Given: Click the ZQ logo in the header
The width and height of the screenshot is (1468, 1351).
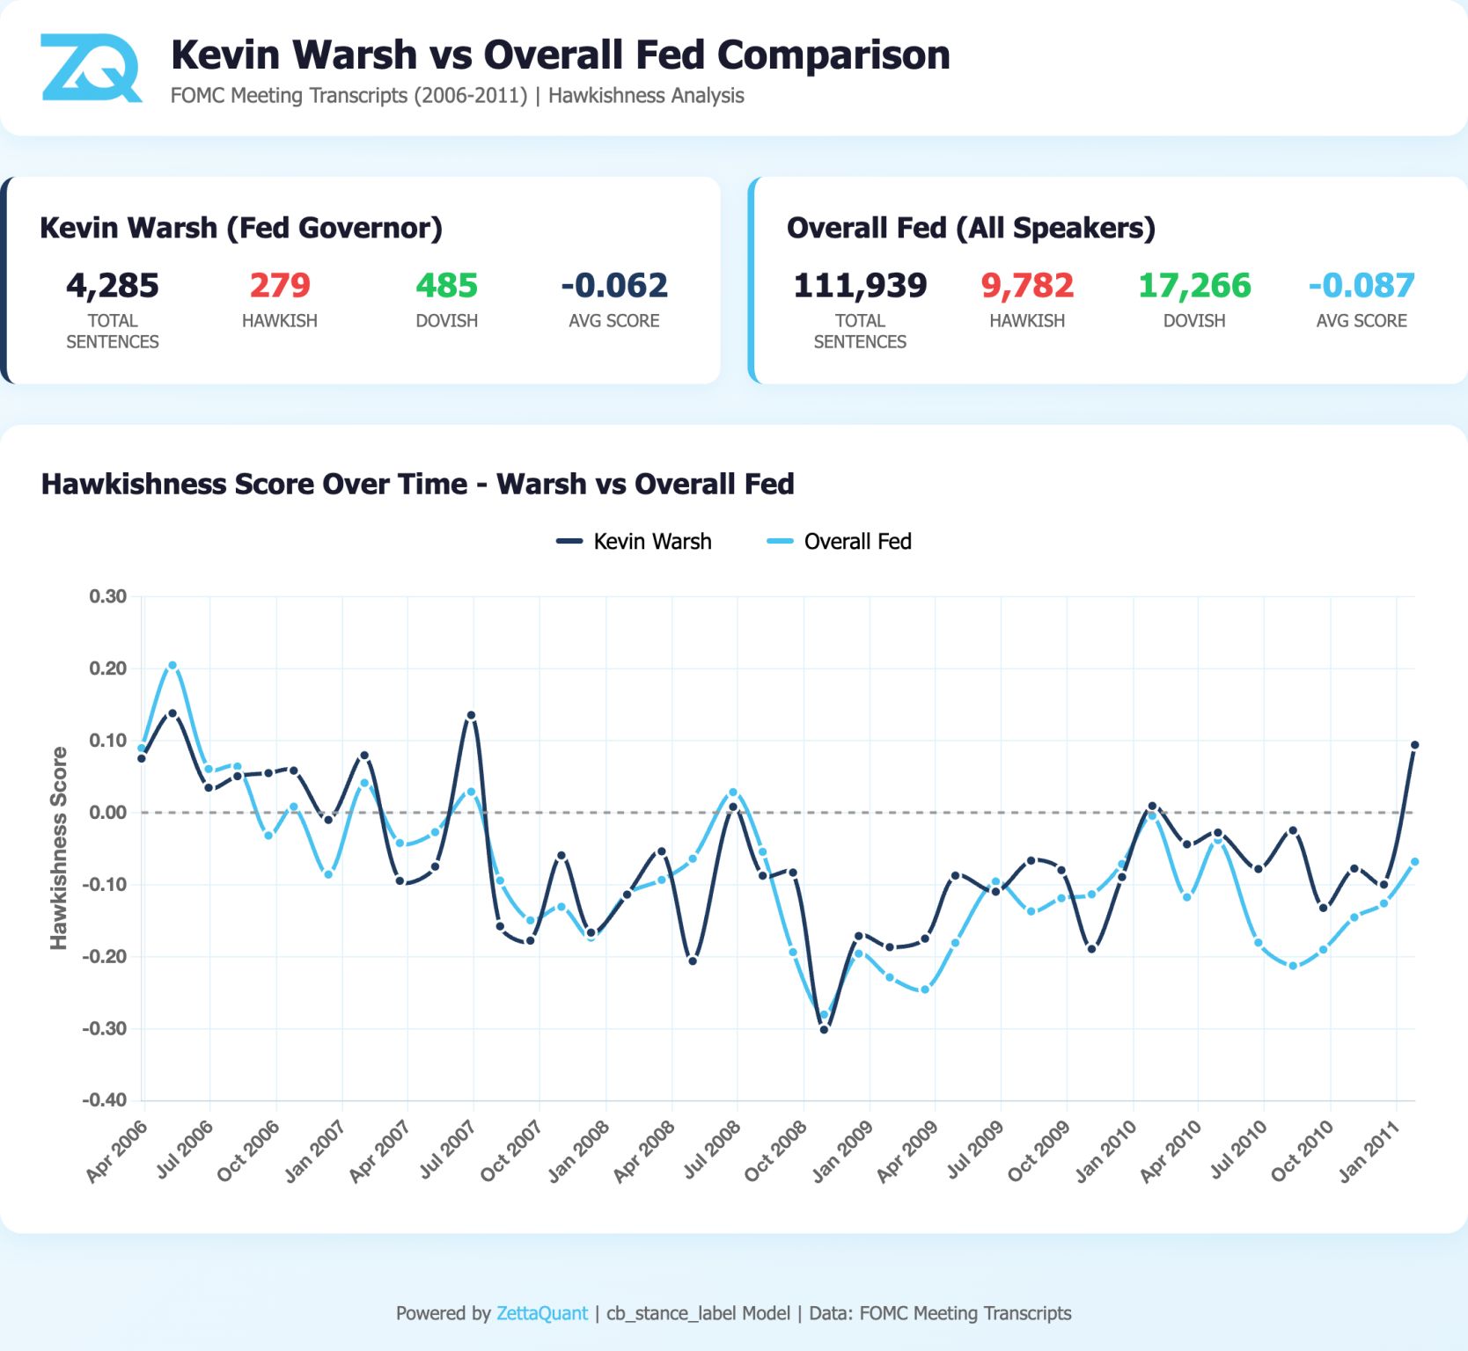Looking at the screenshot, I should pos(91,68).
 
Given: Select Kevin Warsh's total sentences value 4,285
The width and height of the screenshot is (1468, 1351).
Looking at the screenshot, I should pos(113,286).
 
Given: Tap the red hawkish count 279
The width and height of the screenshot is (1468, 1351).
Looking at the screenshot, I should pos(280,286).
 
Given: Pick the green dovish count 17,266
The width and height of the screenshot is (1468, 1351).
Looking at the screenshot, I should pos(1194,286).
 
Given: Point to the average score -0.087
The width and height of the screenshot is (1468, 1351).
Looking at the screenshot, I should pos(1361,286).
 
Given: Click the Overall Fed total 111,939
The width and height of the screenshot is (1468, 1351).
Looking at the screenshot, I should pos(860,286).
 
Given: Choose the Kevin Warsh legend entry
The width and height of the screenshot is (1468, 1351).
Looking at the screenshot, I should pos(635,541).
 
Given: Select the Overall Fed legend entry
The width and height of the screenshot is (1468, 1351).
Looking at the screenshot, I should pos(840,541).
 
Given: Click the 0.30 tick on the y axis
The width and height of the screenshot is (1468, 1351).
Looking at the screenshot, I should pos(107,596).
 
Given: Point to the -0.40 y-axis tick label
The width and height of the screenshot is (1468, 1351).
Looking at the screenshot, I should pos(105,1099).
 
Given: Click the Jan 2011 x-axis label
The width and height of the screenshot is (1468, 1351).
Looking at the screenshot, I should pos(1369,1150).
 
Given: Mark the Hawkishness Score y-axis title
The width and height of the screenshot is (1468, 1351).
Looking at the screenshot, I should pos(59,848).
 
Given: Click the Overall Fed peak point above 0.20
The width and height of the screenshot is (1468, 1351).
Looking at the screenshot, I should pos(172,666).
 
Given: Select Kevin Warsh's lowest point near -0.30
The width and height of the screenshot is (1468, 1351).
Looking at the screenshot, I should pos(824,1028).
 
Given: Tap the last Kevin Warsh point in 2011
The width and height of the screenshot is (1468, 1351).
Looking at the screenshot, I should pos(1414,745).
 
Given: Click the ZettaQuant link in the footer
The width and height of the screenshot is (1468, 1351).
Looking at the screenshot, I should pos(541,1313).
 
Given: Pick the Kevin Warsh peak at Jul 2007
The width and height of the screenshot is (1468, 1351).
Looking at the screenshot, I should pos(471,715).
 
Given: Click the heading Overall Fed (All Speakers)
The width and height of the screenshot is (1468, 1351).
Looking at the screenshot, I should pos(971,228).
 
